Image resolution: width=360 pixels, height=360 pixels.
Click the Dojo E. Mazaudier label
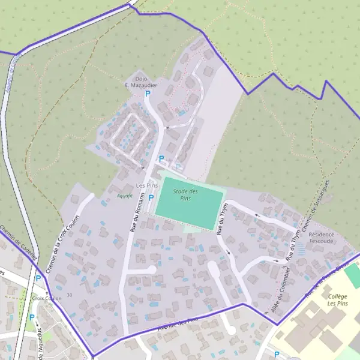140,82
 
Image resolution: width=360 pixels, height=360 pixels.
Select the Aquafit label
124,196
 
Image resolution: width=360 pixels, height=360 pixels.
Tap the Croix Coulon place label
47,298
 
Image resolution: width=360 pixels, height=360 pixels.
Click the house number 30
70,295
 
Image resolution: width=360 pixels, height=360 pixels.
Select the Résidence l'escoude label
322,238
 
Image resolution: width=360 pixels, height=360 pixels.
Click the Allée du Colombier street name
281,289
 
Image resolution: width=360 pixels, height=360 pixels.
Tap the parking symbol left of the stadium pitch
151,197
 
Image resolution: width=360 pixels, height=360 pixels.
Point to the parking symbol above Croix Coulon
38,278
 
